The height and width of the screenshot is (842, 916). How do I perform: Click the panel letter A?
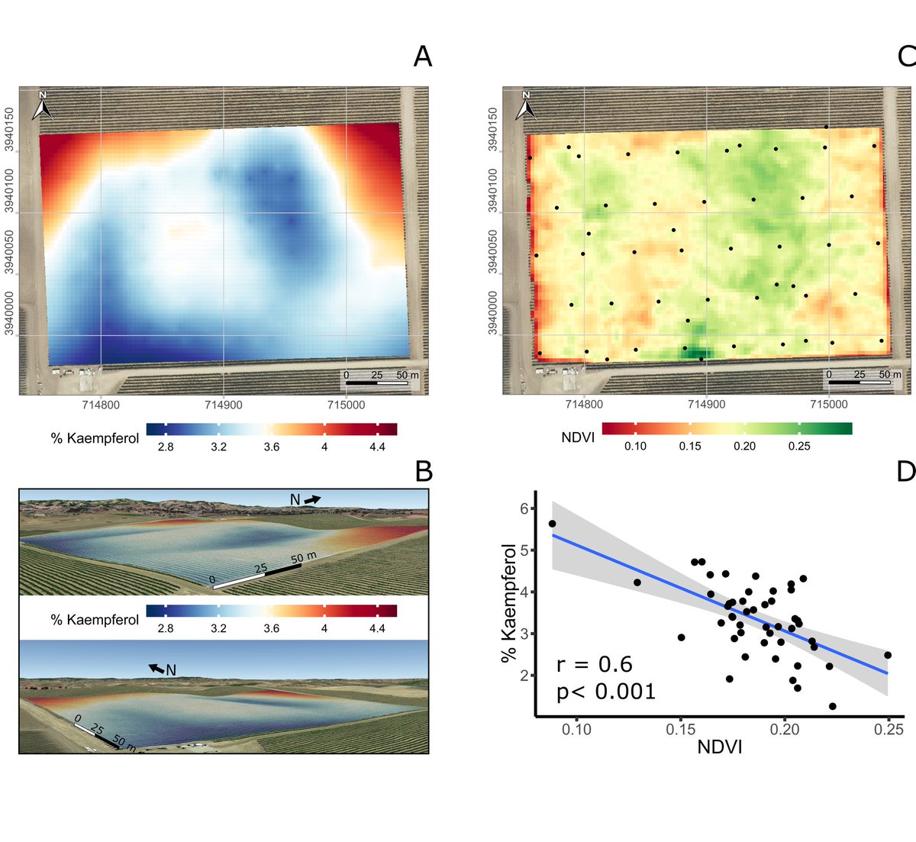pyautogui.click(x=422, y=56)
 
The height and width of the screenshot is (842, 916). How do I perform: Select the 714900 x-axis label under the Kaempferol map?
pyautogui.click(x=224, y=405)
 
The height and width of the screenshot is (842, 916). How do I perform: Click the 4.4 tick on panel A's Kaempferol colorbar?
pyautogui.click(x=377, y=447)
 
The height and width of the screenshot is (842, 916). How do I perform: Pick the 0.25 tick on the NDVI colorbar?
pyautogui.click(x=799, y=446)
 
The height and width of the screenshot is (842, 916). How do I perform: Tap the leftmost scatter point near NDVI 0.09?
pyautogui.click(x=552, y=524)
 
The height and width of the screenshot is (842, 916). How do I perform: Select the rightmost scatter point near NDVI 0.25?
pyautogui.click(x=887, y=655)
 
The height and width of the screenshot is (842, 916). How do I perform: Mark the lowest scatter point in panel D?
pyautogui.click(x=832, y=706)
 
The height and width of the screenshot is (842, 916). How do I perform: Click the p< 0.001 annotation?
pyautogui.click(x=606, y=692)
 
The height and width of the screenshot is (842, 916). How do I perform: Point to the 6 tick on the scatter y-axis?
pyautogui.click(x=524, y=508)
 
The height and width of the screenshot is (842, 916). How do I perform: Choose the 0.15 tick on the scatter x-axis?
pyautogui.click(x=681, y=730)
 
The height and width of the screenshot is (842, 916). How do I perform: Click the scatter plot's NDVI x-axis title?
pyautogui.click(x=719, y=747)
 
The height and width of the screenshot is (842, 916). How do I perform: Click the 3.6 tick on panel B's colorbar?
pyautogui.click(x=271, y=628)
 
